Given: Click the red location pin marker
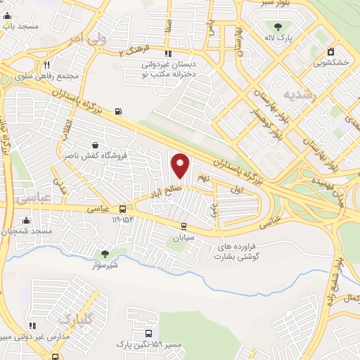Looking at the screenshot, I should [x=181, y=165].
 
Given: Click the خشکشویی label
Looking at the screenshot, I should [x=331, y=63].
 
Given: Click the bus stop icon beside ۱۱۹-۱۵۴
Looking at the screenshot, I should [x=123, y=209].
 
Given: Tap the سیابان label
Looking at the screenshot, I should [x=185, y=238].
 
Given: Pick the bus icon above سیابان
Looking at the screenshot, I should [x=184, y=226].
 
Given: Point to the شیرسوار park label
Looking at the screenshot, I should [x=105, y=265].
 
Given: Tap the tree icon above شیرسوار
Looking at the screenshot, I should [x=105, y=254].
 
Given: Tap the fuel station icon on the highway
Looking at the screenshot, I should [x=117, y=111].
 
